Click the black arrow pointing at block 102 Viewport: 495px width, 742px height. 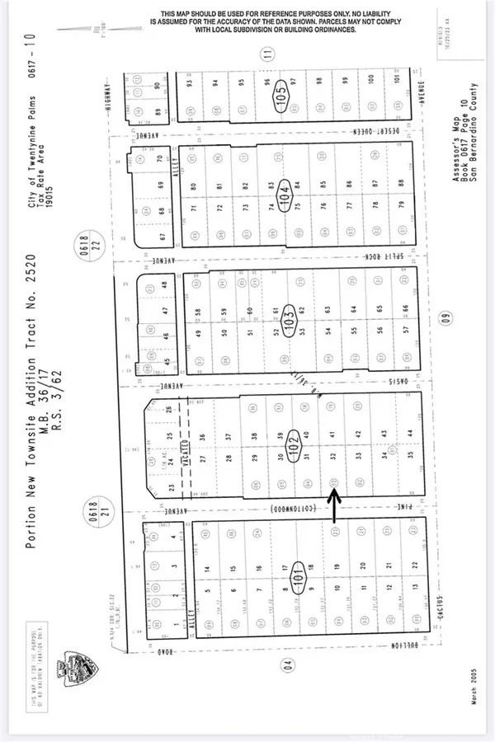click(333, 505)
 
